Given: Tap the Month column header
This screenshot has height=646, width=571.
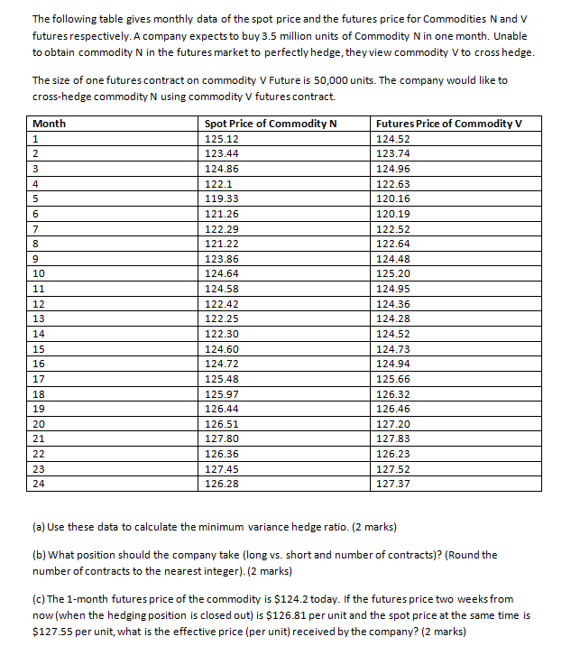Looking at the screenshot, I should point(49,124).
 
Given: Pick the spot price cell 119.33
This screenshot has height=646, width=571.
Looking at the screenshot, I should point(221,198).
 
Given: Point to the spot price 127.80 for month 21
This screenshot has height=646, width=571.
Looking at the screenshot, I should point(221,438).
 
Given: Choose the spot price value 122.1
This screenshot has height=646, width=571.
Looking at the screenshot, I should point(218,183).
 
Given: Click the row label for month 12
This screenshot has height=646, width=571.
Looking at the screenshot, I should point(39,303).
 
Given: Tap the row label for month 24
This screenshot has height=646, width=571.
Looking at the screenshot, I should point(39,484).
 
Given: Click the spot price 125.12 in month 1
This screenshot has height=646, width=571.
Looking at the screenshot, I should point(221,139).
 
